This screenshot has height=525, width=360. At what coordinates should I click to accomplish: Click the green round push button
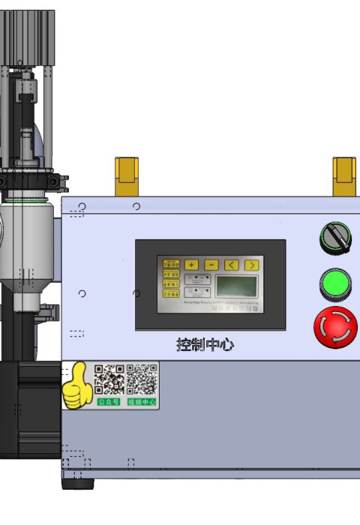coord(335,284)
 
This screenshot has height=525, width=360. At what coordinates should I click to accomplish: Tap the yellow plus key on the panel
coord(192,265)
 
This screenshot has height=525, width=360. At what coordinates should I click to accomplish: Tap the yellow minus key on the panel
coord(211,265)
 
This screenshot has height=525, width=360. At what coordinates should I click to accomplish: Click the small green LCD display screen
coord(236,286)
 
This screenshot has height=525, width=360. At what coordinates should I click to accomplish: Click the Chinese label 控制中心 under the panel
coord(205,344)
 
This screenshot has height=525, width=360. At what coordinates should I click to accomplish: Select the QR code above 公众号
coord(109,379)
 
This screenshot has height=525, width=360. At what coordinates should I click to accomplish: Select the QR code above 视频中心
coord(142,379)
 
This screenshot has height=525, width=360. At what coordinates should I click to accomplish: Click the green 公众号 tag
coord(109,402)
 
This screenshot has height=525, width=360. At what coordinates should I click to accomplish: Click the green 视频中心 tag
coord(142,402)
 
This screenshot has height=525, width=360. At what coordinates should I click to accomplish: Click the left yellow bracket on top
coord(126,176)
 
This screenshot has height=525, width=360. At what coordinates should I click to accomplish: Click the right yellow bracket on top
coord(344,176)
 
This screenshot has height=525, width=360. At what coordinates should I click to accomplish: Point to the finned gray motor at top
coord(27,37)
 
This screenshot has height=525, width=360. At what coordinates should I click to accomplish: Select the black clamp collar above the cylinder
coord(30,181)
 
